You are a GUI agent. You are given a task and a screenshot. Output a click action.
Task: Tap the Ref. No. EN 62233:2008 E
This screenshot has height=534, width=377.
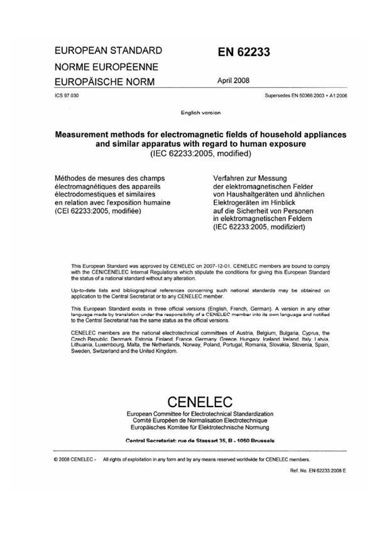[318, 470]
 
